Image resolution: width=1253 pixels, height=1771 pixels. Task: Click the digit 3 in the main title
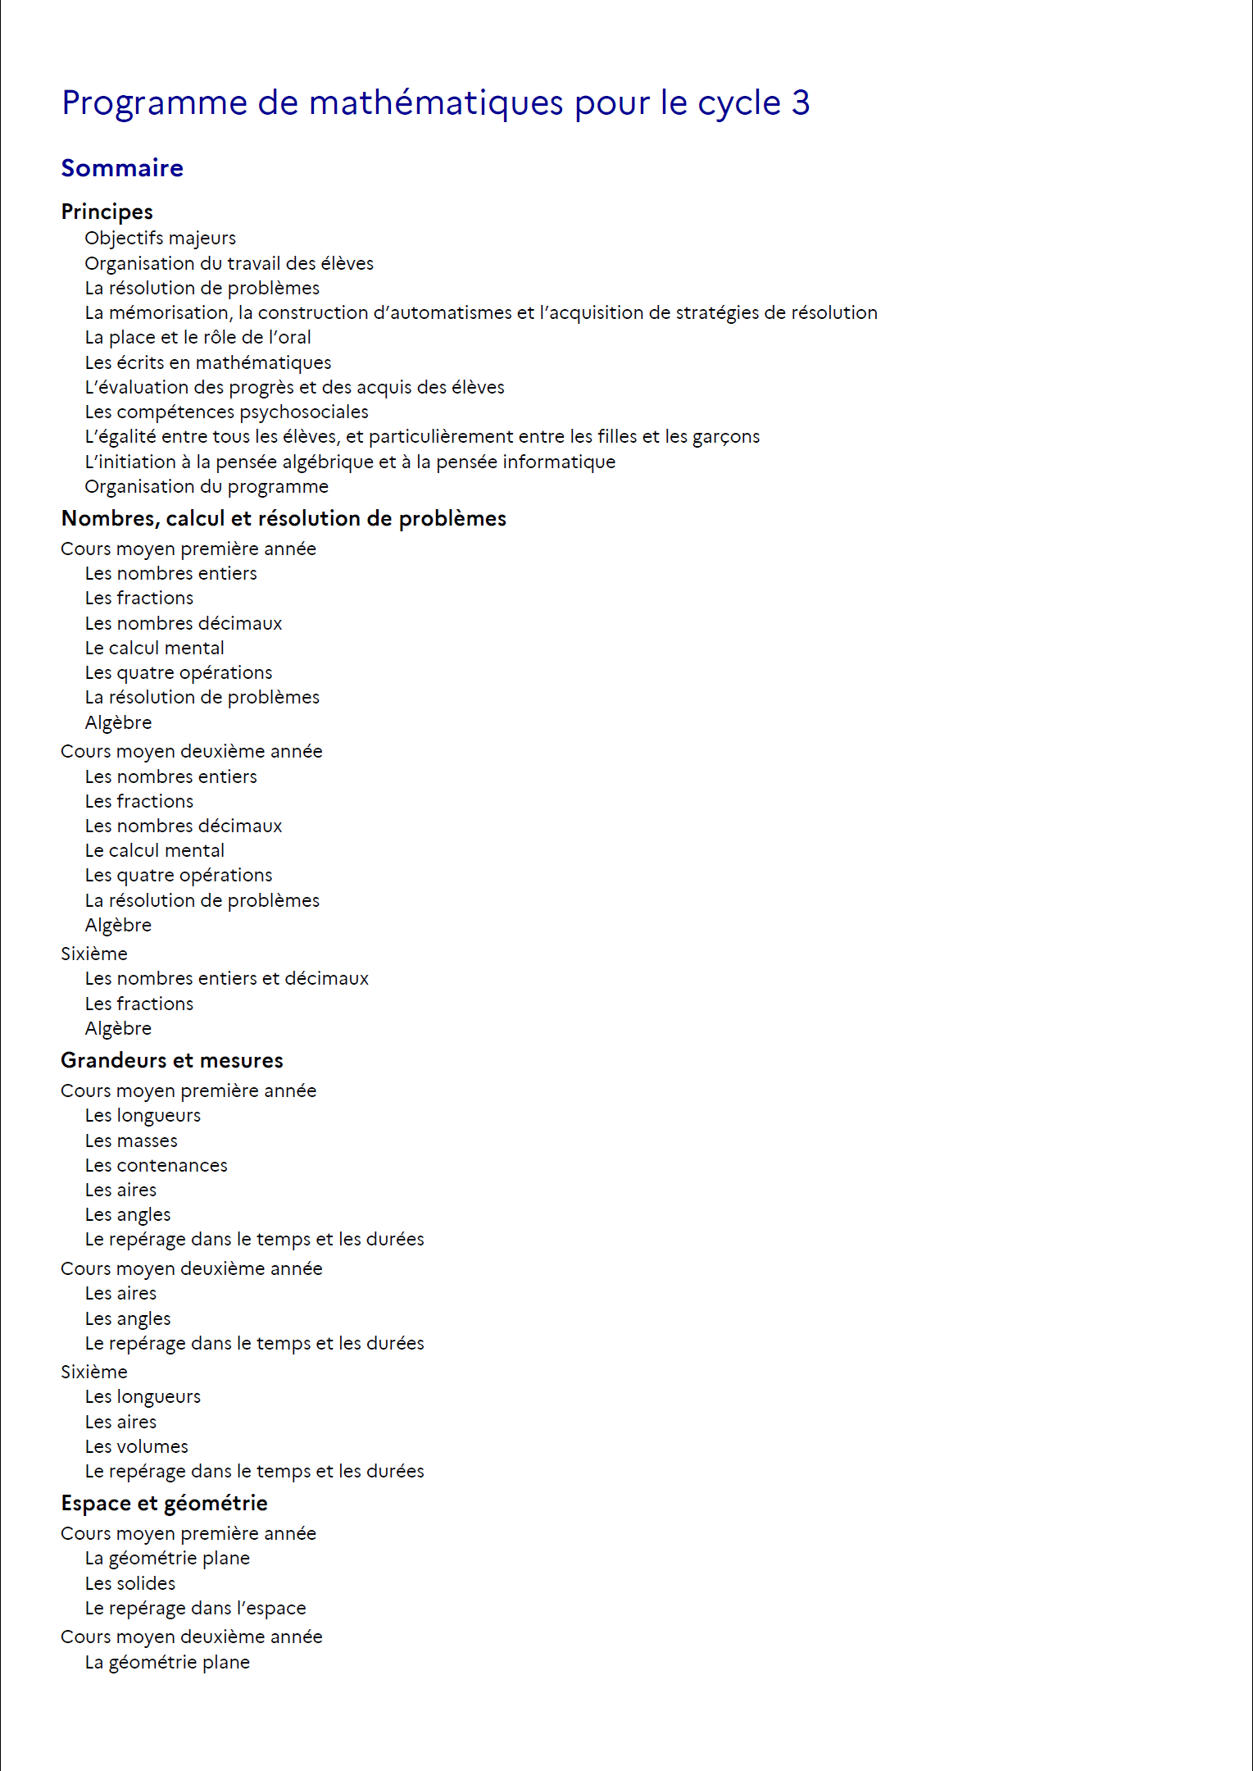[x=800, y=103]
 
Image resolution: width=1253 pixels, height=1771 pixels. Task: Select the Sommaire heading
[x=122, y=168]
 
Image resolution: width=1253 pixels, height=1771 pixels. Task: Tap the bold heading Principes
[x=107, y=212]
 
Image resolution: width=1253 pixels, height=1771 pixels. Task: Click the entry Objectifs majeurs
[x=160, y=238]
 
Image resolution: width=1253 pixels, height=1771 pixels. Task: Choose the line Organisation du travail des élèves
[x=229, y=263]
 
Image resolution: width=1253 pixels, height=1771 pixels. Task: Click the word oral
[x=289, y=337]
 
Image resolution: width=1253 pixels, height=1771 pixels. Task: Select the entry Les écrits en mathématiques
[x=208, y=362]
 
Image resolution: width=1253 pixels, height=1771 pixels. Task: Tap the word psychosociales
[x=306, y=412]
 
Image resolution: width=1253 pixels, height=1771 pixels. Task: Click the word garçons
[x=725, y=437]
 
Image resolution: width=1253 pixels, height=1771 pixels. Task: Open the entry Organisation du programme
[x=207, y=486]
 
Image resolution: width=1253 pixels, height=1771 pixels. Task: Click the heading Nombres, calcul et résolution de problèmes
[x=284, y=518]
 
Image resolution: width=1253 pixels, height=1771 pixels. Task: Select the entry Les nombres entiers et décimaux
[x=226, y=978]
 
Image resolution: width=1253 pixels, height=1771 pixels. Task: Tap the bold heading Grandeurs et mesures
[x=172, y=1060]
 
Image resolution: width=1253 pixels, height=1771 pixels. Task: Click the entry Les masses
[x=131, y=1140]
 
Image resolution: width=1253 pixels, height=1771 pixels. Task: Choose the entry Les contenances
[x=156, y=1165]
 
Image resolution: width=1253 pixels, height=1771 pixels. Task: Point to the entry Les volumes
[x=136, y=1446]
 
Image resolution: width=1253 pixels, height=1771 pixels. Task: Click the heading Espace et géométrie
[x=164, y=1503]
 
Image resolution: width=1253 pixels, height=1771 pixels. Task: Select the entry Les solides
[x=129, y=1583]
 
